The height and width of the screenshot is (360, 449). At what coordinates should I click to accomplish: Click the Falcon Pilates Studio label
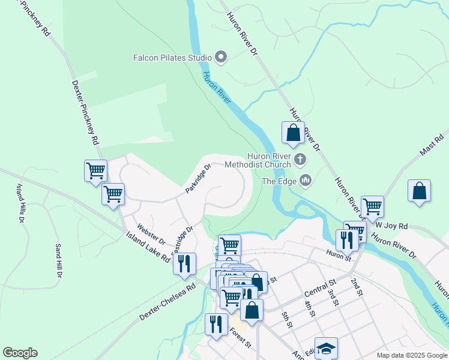pos(172,58)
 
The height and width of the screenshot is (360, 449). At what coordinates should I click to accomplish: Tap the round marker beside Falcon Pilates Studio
pos(221,58)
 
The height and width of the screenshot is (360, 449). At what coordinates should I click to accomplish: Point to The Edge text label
pos(279,180)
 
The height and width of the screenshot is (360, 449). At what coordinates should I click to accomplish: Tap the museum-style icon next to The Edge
pos(306,180)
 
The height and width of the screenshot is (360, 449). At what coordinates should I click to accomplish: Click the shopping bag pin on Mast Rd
pos(419,191)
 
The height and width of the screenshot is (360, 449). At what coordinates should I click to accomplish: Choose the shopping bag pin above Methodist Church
pos(293,133)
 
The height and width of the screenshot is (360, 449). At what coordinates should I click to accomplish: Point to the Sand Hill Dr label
pos(59,260)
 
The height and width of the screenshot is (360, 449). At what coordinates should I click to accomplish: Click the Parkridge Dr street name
pos(199,179)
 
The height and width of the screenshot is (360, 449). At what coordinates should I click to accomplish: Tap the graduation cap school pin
pos(326,347)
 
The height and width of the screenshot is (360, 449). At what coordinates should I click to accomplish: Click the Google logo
pos(20,353)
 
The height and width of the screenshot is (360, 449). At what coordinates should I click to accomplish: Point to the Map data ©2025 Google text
pos(411,355)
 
